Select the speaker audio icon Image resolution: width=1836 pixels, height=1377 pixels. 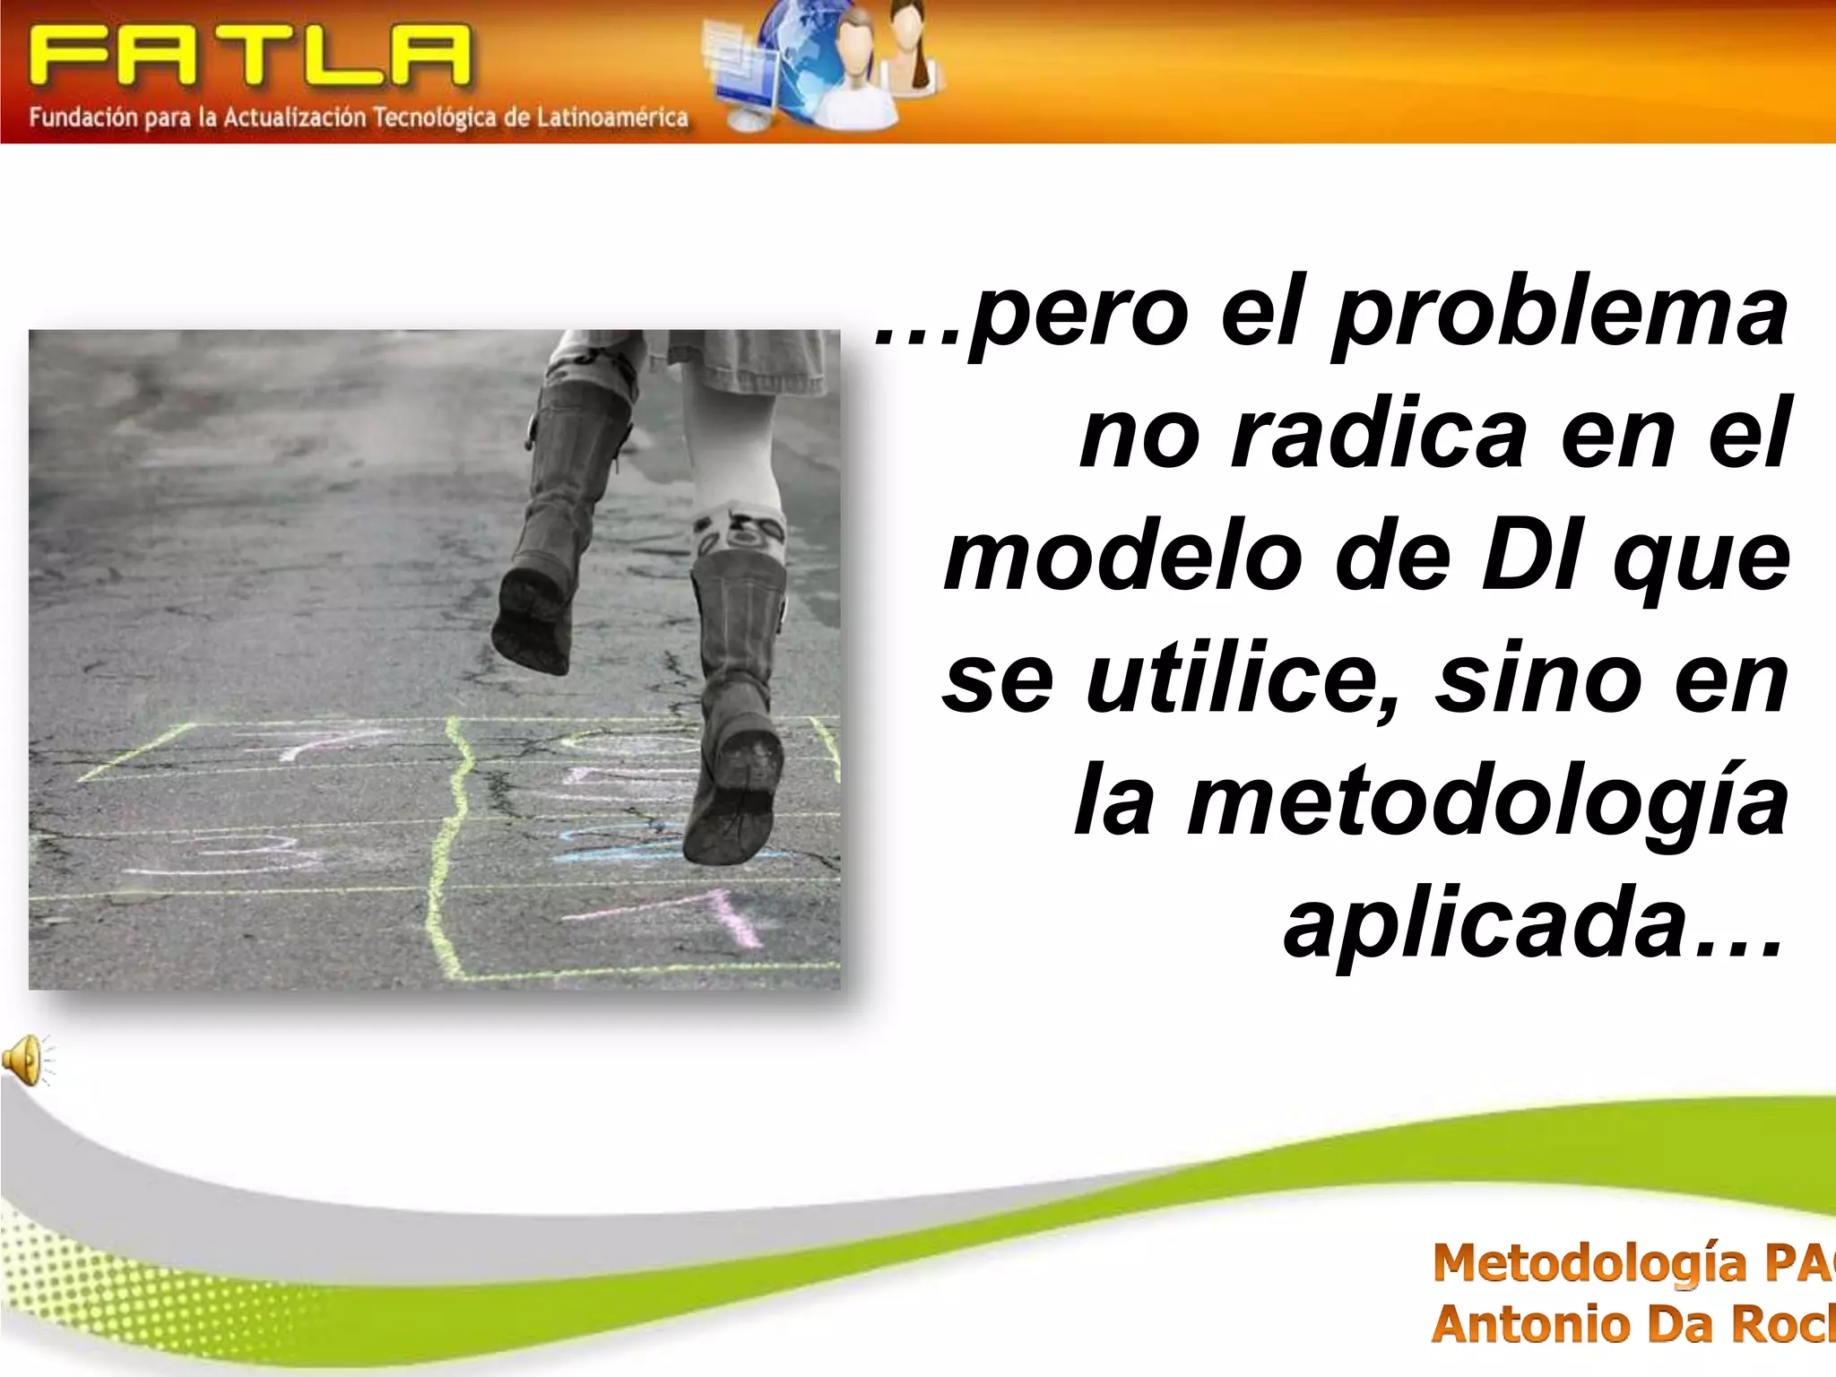point(25,1060)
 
